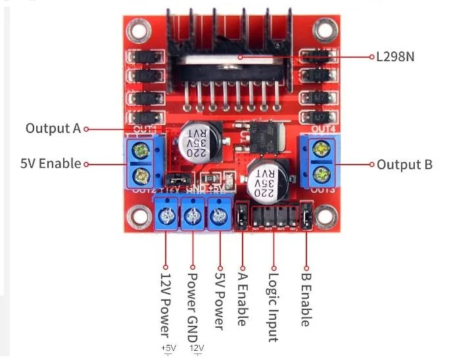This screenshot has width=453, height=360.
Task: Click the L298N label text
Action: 395,57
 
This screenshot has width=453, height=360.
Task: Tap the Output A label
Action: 53,128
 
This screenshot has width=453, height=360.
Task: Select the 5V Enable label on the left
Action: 51,163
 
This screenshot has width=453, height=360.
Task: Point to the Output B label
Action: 404,164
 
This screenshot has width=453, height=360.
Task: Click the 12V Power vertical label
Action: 165,303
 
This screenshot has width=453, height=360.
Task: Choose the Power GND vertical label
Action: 193,302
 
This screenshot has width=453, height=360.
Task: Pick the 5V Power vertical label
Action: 220,299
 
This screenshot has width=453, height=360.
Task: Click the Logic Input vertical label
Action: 274,305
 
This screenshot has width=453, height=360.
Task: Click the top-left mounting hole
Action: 137,28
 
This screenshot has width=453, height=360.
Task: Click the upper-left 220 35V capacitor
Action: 195,140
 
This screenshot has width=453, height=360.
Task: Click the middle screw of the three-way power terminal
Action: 192,216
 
